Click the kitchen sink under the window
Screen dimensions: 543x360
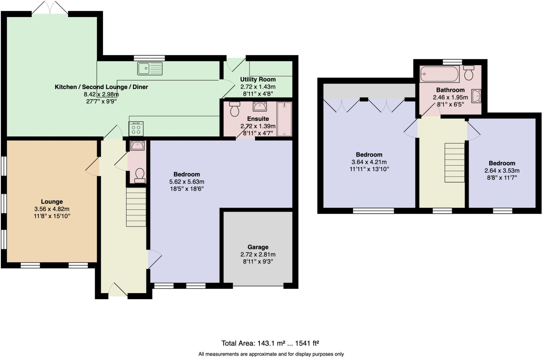[150, 68]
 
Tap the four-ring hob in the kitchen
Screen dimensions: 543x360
[136, 129]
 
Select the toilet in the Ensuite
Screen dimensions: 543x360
[235, 109]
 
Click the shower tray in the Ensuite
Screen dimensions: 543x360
[284, 119]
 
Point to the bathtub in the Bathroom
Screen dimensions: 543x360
[439, 74]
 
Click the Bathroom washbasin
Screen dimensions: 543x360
[476, 96]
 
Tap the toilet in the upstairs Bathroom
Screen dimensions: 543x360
[469, 73]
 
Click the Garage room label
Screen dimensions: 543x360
[258, 247]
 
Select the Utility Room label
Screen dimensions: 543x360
[258, 79]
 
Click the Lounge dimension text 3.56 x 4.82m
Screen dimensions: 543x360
[52, 209]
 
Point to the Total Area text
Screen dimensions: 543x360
[270, 343]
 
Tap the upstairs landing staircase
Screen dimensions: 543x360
[455, 163]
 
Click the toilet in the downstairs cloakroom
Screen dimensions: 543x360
[140, 176]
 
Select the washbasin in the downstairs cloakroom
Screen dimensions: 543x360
[137, 145]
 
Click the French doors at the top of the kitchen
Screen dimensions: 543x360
[50, 8]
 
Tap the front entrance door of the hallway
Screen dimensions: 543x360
[118, 290]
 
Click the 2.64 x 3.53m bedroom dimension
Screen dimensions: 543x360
[502, 170]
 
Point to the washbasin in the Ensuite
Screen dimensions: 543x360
[260, 106]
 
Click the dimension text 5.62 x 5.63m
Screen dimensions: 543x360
[187, 182]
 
